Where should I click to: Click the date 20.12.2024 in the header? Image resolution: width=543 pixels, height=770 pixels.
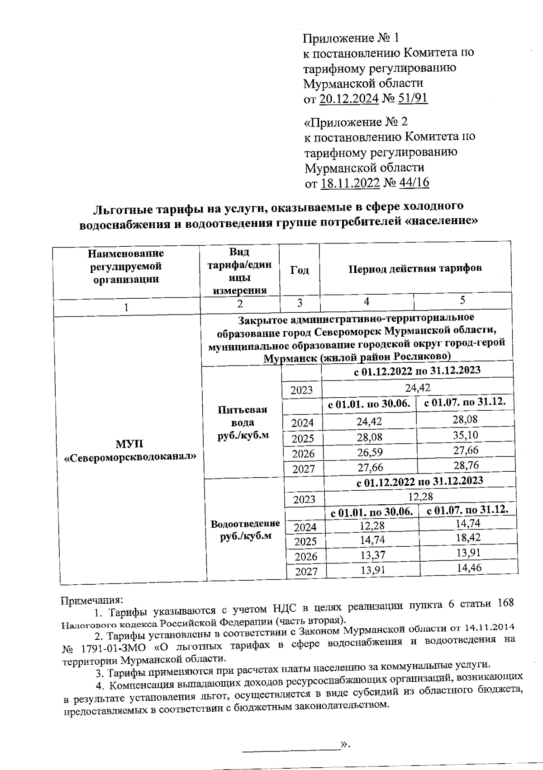click(x=349, y=99)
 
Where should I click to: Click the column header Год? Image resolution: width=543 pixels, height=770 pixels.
click(x=299, y=270)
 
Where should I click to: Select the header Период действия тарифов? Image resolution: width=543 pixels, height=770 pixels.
click(x=415, y=268)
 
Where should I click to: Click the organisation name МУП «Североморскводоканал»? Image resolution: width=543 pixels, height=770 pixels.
click(x=130, y=450)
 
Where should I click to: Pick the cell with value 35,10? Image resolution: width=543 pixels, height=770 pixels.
click(x=466, y=435)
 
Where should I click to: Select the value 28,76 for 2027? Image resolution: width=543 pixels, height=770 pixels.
click(x=467, y=465)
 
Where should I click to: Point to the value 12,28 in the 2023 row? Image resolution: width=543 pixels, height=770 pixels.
click(x=420, y=497)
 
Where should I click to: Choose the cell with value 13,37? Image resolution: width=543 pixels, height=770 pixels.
click(x=372, y=554)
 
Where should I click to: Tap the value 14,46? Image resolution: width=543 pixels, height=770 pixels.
click(x=469, y=568)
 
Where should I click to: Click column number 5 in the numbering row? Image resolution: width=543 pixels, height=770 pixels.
click(x=462, y=300)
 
